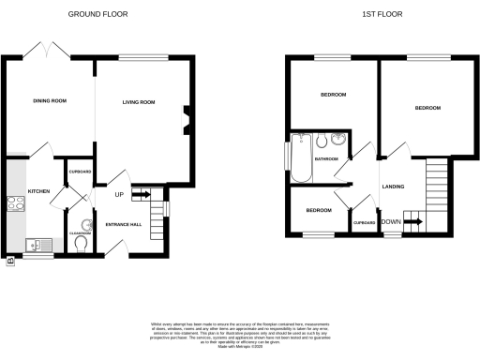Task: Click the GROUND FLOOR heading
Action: (x=98, y=15)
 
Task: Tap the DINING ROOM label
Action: (x=49, y=100)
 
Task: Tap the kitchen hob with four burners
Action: (x=16, y=203)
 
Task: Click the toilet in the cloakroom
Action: (x=81, y=242)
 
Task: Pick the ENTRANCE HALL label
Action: (x=122, y=225)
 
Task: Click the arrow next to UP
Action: (x=141, y=195)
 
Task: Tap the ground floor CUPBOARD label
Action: (x=81, y=172)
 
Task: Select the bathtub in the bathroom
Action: (x=299, y=159)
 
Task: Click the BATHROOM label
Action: (x=326, y=159)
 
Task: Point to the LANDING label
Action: (x=393, y=187)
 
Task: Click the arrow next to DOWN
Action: (x=412, y=222)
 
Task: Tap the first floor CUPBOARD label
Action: (x=364, y=222)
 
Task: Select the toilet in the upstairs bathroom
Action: (x=320, y=142)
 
